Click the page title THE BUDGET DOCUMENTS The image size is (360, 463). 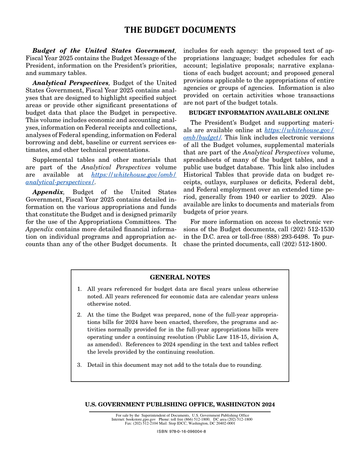[x=180, y=30]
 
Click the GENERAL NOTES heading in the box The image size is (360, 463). [x=180, y=277]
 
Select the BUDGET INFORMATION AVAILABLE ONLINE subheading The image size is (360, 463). [x=259, y=113]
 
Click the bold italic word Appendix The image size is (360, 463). [x=48, y=192]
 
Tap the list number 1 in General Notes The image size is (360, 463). [x=79, y=289]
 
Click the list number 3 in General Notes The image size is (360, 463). [x=79, y=365]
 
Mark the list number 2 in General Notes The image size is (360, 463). [x=79, y=315]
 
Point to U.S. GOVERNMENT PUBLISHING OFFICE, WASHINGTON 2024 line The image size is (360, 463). [x=180, y=405]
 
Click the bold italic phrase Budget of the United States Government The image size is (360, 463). [x=103, y=51]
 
